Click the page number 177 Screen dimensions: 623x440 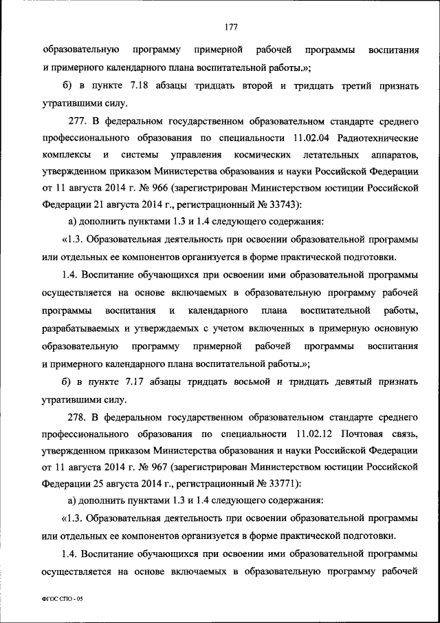(x=230, y=28)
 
